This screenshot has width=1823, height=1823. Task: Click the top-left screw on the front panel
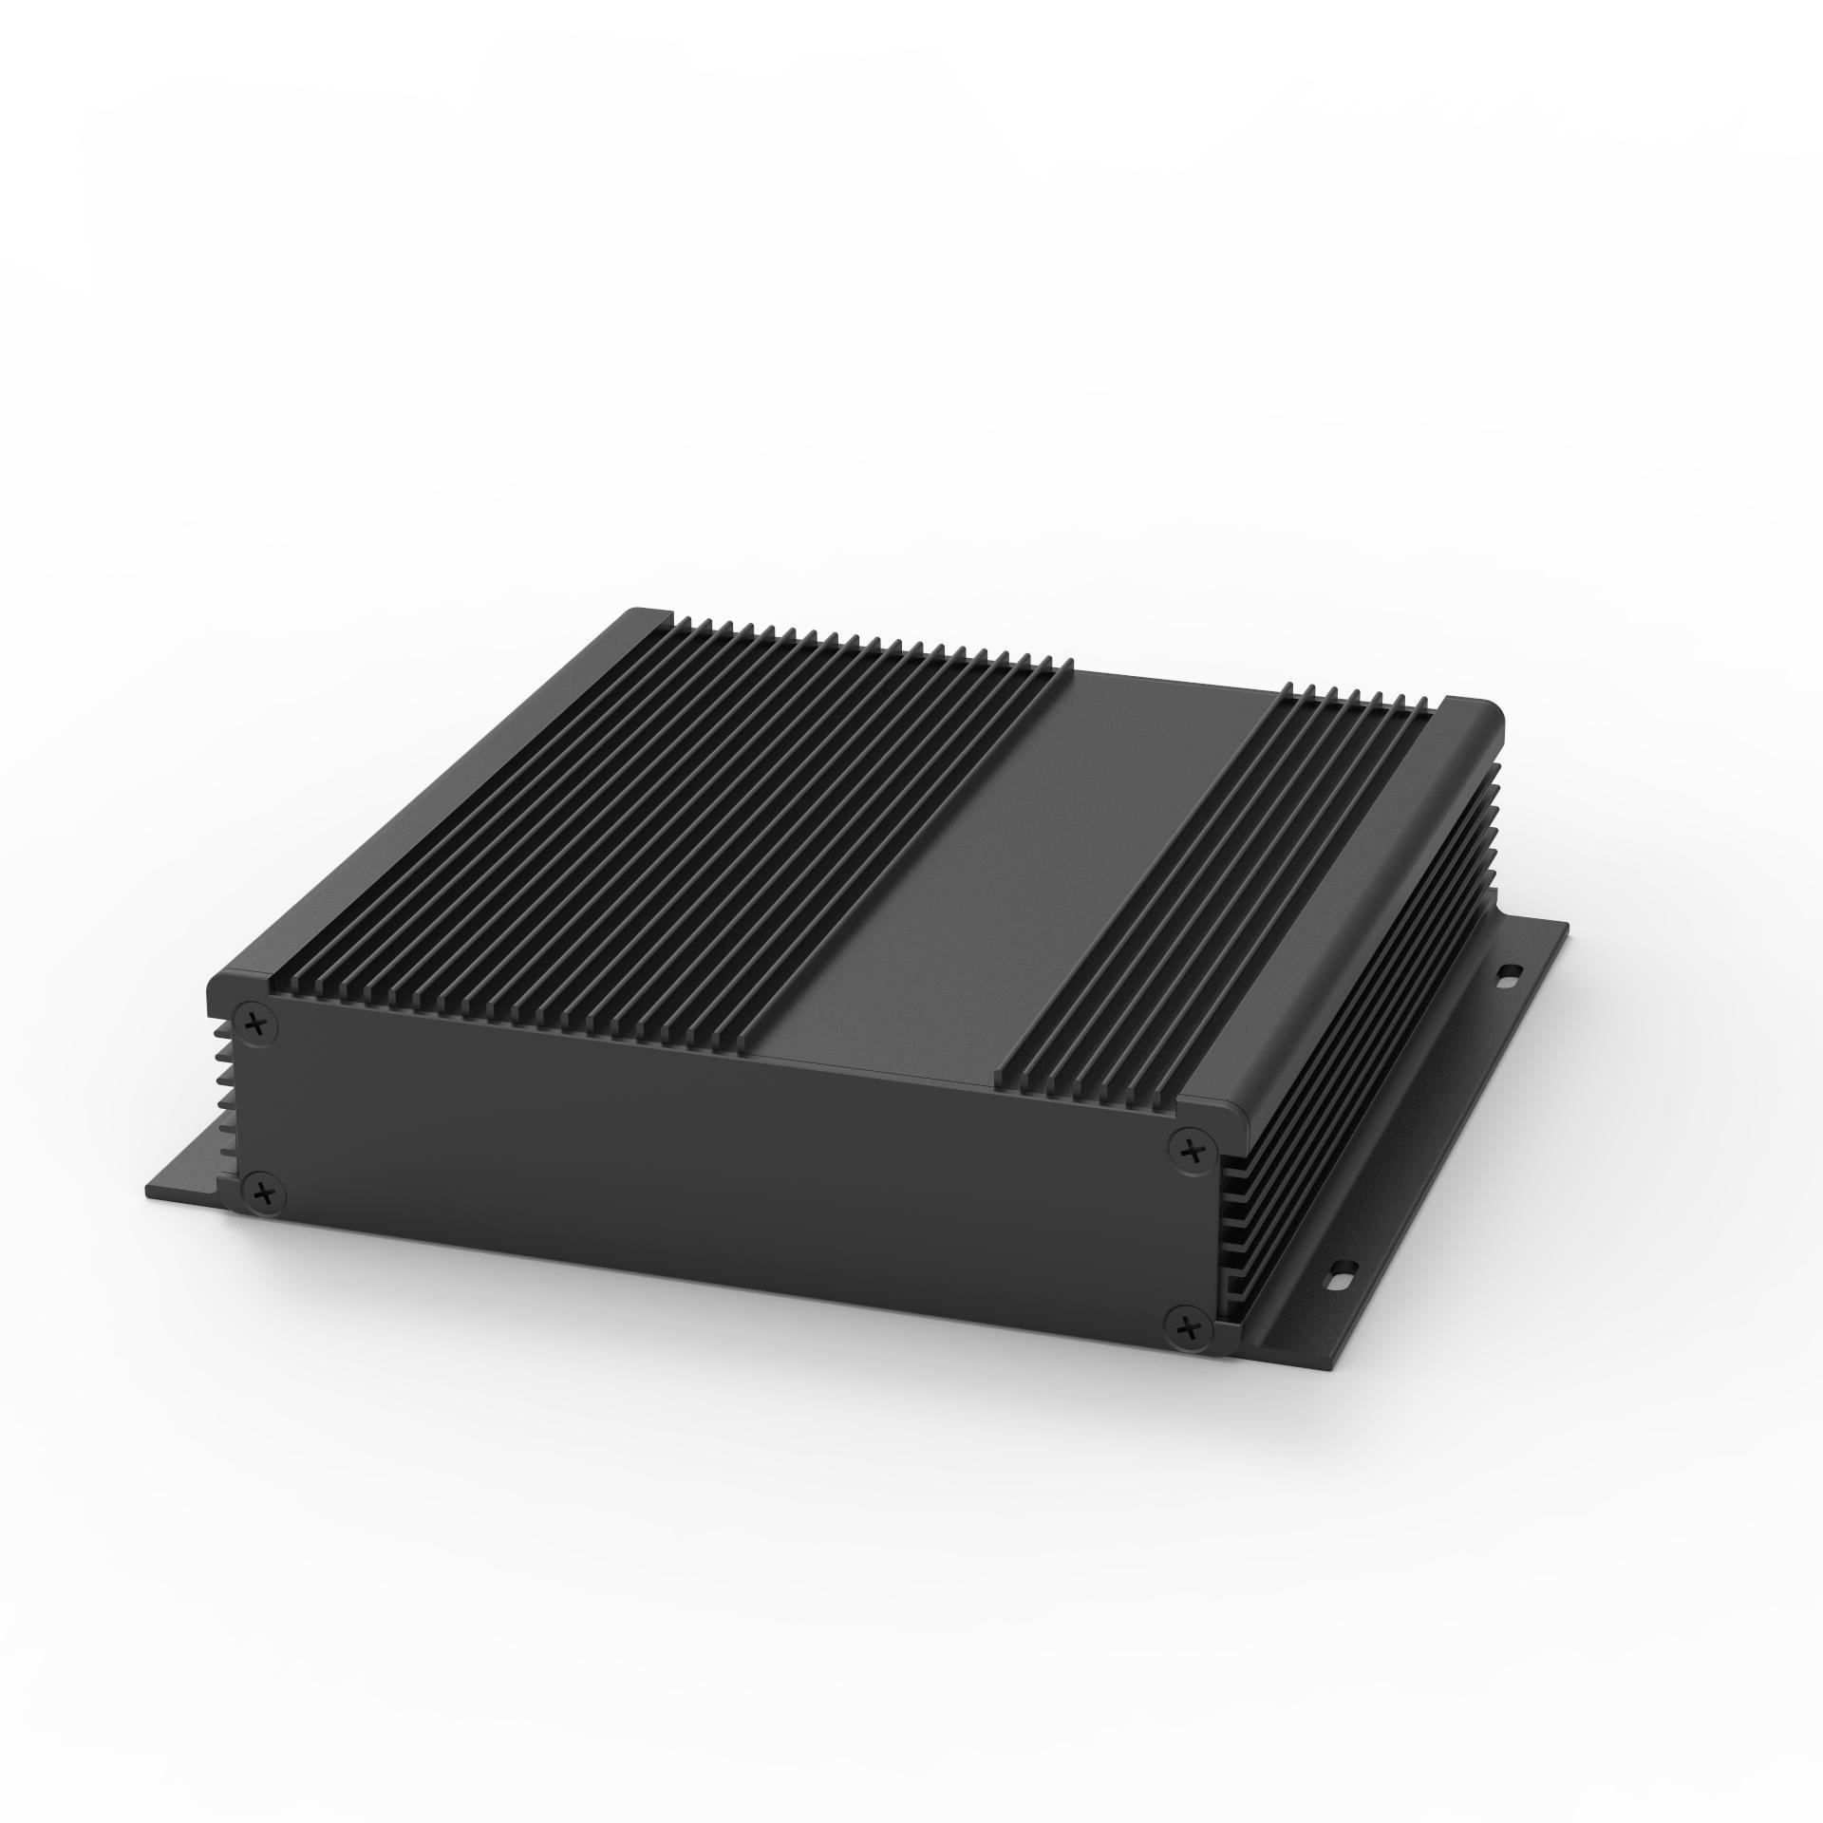coord(255,1024)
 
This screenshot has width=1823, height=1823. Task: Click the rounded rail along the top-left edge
coord(427,798)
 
